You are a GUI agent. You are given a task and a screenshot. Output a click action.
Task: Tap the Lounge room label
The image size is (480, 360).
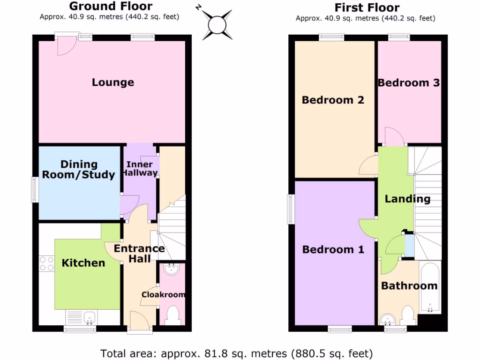click(112, 82)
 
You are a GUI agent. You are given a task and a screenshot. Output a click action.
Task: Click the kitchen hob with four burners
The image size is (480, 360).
click(46, 263)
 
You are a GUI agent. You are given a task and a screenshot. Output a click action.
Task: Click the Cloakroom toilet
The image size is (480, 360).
click(172, 315)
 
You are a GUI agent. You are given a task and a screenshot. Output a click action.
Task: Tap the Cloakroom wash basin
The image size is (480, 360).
click(171, 268)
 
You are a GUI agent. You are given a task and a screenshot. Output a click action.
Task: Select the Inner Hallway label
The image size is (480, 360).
click(140, 168)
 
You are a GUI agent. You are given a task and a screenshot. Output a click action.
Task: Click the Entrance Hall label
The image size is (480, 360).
click(139, 253)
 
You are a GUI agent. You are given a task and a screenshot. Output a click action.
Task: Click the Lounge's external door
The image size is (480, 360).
click(64, 43)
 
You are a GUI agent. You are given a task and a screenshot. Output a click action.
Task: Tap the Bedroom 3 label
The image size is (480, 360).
click(409, 83)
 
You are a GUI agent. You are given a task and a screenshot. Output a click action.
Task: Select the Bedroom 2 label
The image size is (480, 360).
click(333, 100)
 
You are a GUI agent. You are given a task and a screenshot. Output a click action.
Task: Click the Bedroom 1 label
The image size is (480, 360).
click(333, 249)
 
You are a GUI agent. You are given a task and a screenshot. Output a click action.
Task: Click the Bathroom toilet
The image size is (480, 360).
click(407, 315)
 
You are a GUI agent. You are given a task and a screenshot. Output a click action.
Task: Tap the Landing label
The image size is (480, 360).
click(407, 199)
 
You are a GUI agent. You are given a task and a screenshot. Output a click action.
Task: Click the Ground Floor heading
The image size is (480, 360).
click(111, 6)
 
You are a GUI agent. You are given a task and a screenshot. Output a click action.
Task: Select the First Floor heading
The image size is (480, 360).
click(367, 7)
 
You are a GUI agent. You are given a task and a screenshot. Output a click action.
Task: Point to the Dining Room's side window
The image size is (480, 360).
click(35, 189)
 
